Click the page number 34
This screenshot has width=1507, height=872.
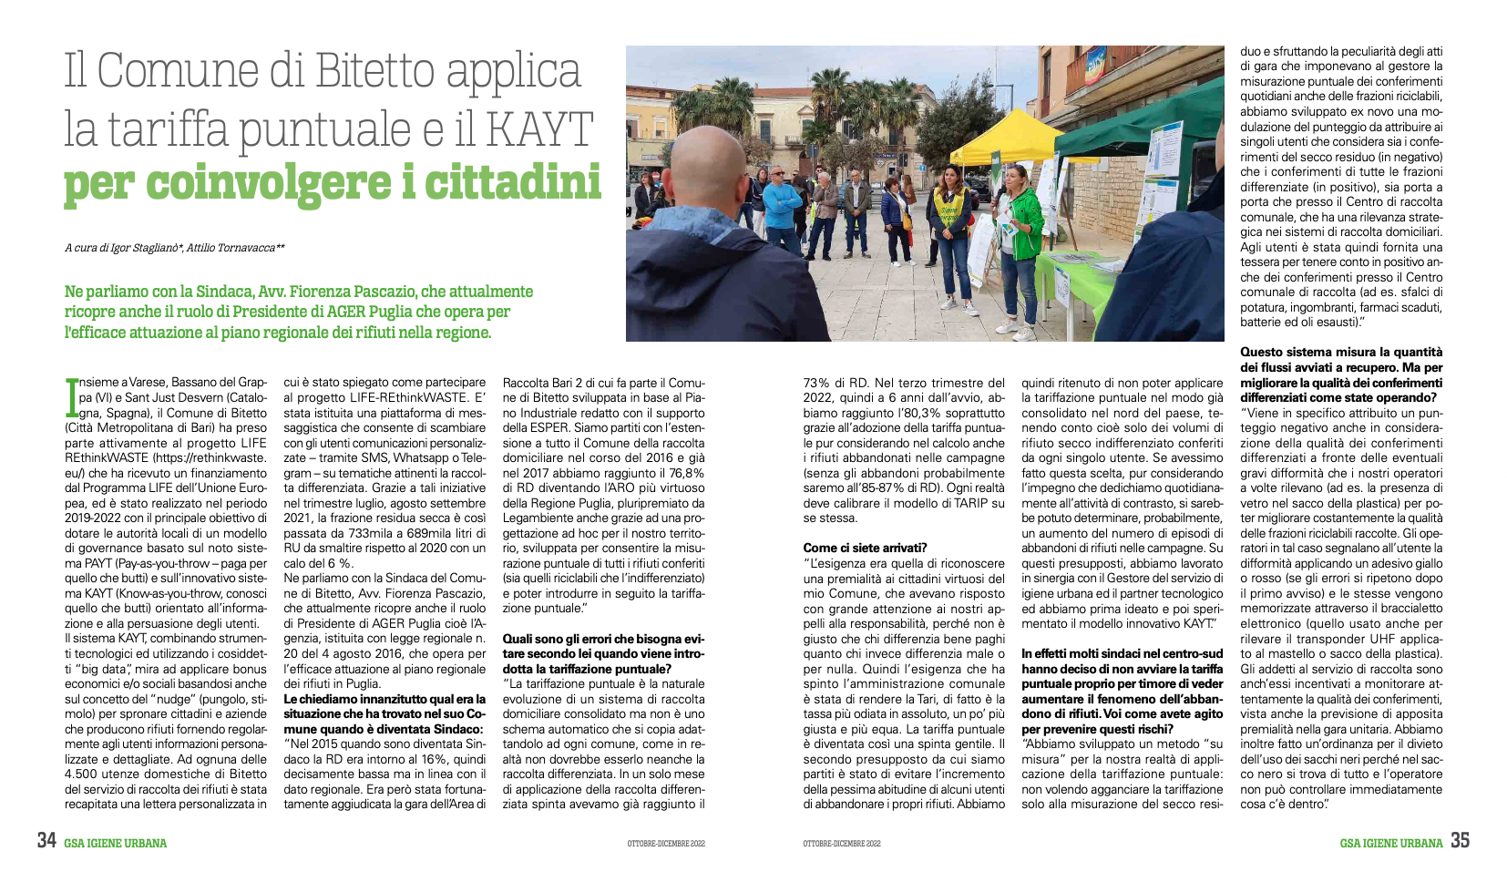point(47,841)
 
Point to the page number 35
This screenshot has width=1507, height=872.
point(1460,841)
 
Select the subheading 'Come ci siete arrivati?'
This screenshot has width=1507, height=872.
point(865,548)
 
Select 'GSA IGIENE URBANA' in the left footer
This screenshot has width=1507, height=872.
point(115,843)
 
